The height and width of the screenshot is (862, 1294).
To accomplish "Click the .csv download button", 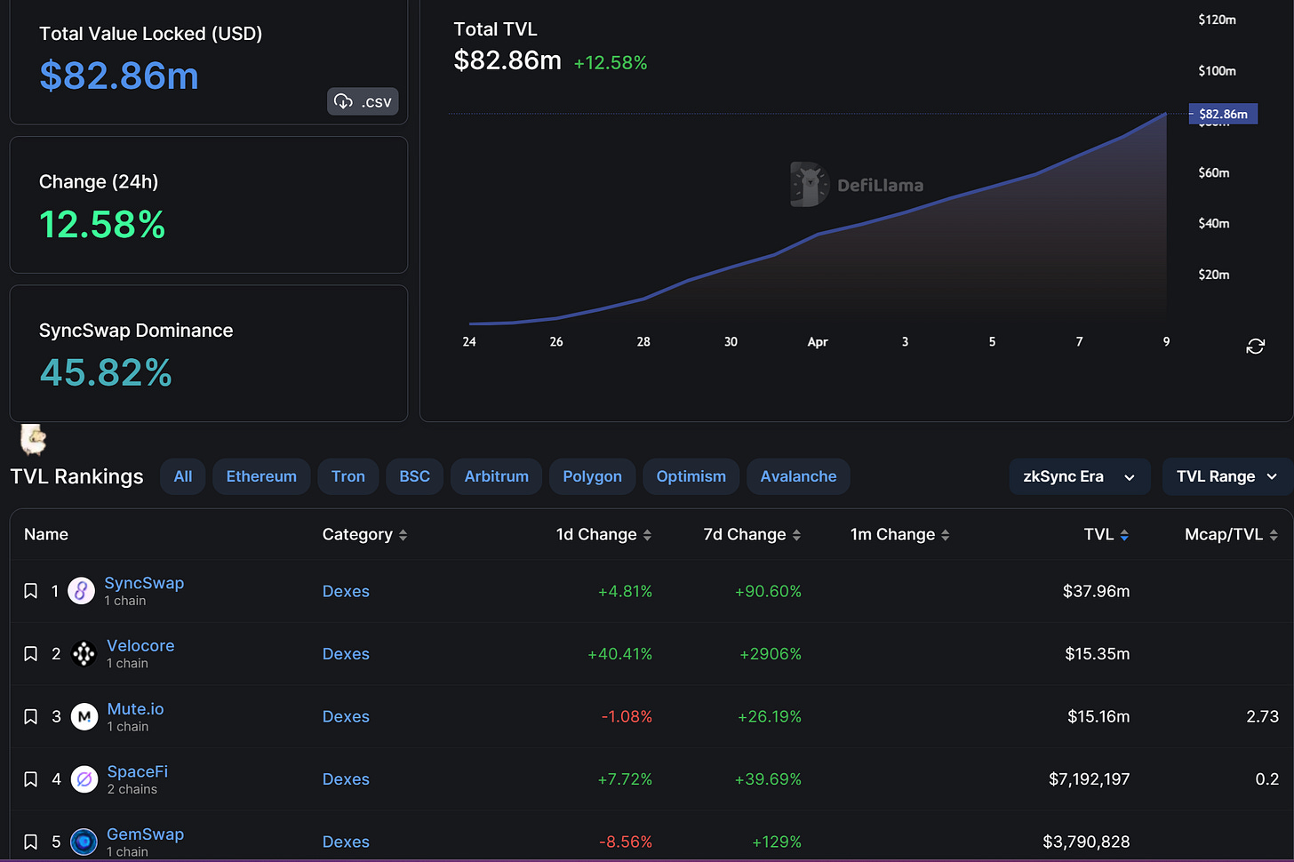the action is click(x=363, y=101).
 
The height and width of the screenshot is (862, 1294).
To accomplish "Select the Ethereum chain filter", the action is click(x=261, y=476).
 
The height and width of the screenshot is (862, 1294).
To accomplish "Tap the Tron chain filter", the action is click(x=347, y=476).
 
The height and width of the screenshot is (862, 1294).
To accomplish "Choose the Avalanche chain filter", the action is click(x=798, y=476).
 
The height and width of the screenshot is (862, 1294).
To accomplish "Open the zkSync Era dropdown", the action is click(x=1079, y=476).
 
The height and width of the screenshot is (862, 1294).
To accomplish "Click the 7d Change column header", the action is click(x=752, y=534).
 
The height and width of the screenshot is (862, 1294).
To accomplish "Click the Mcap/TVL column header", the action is click(x=1231, y=534).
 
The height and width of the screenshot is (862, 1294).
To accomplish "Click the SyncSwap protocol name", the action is click(x=144, y=583).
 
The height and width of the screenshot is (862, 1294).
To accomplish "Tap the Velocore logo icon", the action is click(x=84, y=654).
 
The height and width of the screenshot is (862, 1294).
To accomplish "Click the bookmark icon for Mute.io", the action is click(x=30, y=716).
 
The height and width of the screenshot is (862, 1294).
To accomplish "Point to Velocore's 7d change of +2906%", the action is click(x=771, y=654).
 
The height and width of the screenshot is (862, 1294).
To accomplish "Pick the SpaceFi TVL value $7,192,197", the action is click(x=1089, y=779).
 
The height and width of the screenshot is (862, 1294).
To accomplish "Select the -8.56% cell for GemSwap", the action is click(x=626, y=842).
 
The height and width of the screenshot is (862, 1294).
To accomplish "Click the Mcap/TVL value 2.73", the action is click(x=1262, y=716).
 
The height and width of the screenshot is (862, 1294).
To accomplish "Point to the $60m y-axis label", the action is click(x=1214, y=172).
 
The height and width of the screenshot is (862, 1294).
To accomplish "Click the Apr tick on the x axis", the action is click(x=818, y=341).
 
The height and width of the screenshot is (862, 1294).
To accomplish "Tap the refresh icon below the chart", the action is click(x=1255, y=346).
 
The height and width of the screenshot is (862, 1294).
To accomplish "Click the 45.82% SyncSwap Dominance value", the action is click(x=106, y=372).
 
